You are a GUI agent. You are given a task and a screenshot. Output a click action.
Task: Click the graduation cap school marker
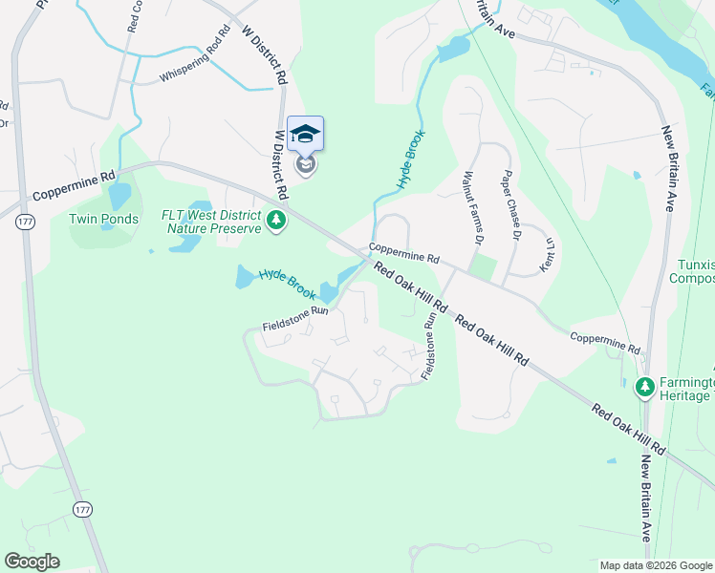[305, 135]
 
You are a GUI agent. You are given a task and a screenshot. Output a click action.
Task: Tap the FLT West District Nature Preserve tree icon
[276, 221]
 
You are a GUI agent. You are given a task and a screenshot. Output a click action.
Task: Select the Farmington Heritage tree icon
[645, 387]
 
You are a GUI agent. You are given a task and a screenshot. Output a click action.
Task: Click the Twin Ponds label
[103, 219]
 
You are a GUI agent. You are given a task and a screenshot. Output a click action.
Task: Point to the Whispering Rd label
[196, 60]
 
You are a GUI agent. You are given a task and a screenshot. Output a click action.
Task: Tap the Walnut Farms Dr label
[468, 206]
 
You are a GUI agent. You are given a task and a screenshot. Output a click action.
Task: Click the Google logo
[31, 562]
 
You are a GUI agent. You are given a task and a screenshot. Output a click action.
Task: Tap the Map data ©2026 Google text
[656, 565]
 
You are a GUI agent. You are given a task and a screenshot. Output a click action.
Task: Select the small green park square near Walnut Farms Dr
[484, 267]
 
